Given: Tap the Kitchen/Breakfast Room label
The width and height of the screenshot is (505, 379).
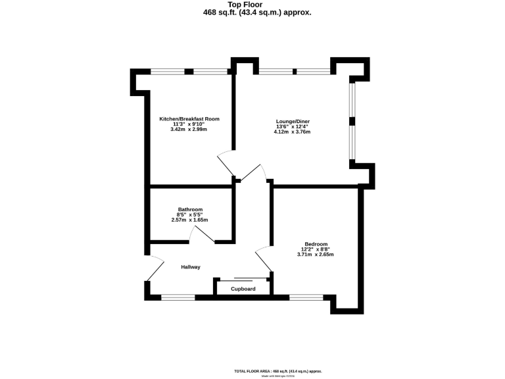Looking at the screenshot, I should (189, 119).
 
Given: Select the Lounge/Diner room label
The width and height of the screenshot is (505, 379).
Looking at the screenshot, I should (292, 121).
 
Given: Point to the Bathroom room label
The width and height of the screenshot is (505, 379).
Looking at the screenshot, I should (189, 209).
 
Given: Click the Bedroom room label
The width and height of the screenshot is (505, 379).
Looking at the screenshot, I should (315, 244).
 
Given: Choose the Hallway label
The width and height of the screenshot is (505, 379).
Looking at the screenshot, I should (191, 266).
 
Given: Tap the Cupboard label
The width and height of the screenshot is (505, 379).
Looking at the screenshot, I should (243, 288).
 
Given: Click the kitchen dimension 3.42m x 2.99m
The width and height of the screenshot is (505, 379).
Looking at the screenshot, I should (189, 129).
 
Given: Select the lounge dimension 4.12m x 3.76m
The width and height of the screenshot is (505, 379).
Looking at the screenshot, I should (292, 132).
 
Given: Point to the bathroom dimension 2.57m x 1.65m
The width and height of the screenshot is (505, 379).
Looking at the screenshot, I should (189, 220).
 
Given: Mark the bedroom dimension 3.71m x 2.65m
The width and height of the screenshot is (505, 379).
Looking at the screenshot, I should (315, 255).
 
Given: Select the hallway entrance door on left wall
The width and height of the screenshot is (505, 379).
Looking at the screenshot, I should (155, 268).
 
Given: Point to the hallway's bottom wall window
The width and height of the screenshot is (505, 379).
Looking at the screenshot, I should (178, 297).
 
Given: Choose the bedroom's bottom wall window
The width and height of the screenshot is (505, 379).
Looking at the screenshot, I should (306, 297).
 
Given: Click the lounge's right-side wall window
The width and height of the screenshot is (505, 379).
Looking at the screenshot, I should (352, 120).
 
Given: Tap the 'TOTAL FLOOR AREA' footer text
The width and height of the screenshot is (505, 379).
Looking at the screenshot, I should (278, 371).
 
